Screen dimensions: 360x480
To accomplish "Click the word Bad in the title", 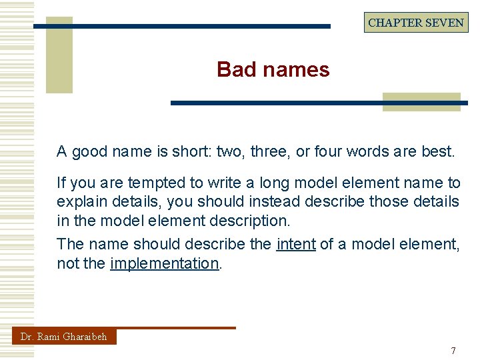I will [234, 69].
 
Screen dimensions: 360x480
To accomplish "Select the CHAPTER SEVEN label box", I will [416, 23].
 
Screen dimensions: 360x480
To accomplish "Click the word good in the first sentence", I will [89, 151].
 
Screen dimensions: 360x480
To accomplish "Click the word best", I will [437, 151].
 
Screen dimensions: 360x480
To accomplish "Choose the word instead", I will [257, 201].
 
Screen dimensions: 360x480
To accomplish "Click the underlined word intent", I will [295, 244].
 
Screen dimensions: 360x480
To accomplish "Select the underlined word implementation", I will [164, 263].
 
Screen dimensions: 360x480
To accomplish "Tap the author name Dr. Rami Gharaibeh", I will [63, 337].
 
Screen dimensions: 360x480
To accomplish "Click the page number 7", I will [453, 351].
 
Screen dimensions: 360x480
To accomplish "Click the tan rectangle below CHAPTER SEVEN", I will [421, 102].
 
